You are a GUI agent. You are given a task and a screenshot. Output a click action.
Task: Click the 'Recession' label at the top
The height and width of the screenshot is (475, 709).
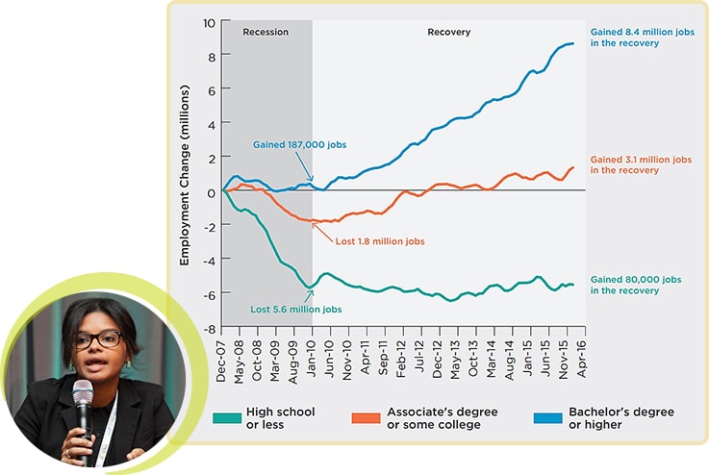pyautogui.click(x=266, y=32)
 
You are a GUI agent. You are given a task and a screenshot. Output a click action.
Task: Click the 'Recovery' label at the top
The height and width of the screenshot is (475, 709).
pyautogui.click(x=448, y=32)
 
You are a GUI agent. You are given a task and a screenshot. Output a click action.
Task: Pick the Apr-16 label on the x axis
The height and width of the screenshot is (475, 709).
pyautogui.click(x=581, y=362)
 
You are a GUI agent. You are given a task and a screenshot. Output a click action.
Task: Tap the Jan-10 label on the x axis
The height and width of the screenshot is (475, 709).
pyautogui.click(x=312, y=362)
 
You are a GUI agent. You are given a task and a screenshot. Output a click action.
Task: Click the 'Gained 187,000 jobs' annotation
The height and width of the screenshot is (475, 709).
pyautogui.click(x=299, y=144)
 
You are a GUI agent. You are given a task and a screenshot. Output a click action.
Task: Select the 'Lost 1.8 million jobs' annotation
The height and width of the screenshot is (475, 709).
pyautogui.click(x=380, y=240)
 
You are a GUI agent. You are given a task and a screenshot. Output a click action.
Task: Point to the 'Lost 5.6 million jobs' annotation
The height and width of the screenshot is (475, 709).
pyautogui.click(x=296, y=310)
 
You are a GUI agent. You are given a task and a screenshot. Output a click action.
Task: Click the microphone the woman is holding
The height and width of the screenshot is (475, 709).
pyautogui.click(x=84, y=396)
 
